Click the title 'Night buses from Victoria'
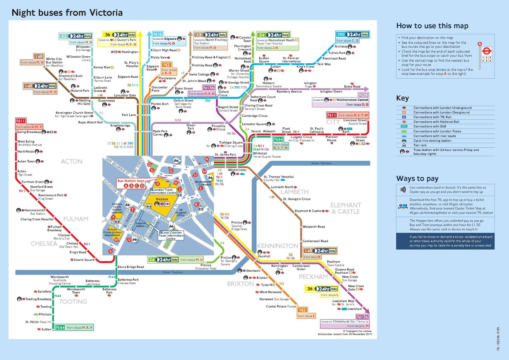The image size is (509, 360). point(67,13)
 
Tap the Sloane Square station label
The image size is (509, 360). point(84,260)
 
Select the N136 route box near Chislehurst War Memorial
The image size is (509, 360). point(362,317)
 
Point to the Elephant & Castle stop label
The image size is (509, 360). point(308,211)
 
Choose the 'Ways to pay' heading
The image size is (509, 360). point(417,179)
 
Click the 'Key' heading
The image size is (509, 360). point(402,98)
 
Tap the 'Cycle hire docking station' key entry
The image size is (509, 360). point(432,141)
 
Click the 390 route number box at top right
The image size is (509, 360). point(341,34)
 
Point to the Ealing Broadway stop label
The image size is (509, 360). point(29,132)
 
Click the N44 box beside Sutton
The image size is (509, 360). point(60,327)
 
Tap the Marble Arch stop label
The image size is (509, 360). point(160,104)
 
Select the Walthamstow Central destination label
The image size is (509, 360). point(352,100)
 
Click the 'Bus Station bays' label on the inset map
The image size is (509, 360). point(131,181)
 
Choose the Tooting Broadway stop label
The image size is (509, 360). point(38,299)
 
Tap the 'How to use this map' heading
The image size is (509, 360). point(432,26)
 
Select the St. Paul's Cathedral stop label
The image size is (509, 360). point(317,130)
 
